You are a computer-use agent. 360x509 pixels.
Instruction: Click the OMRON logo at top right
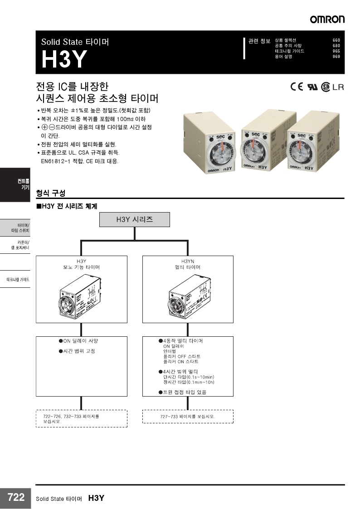point(327,19)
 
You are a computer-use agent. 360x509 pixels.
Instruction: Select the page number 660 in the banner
point(336,40)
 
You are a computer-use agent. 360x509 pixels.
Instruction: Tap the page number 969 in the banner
point(336,57)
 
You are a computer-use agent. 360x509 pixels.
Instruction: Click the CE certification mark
point(297,87)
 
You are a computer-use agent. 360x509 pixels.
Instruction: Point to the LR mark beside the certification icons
point(338,87)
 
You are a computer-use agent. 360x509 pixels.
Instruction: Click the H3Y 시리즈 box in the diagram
point(135,219)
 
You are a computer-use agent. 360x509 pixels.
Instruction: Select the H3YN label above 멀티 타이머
point(188,262)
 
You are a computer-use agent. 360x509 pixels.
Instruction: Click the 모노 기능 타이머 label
point(81,267)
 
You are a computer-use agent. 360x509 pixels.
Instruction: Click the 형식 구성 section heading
point(50,193)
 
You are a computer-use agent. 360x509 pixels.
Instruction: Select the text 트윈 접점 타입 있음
point(187,392)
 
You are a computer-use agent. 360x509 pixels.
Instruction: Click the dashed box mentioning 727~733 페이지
point(188,416)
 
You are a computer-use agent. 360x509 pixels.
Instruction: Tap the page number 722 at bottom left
point(16,498)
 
